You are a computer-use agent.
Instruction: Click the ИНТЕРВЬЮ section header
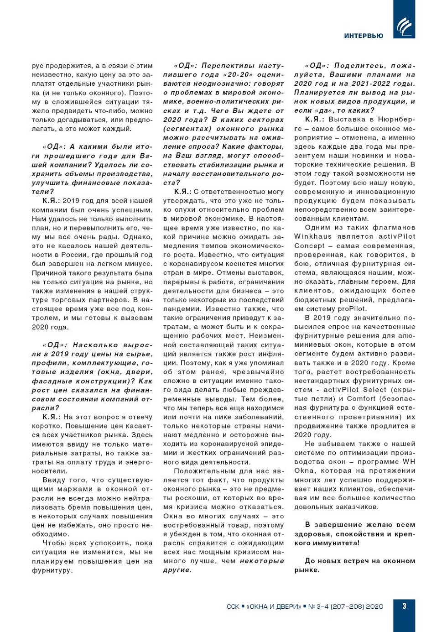364,36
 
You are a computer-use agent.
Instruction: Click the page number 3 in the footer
404,606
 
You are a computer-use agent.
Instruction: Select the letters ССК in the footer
233,606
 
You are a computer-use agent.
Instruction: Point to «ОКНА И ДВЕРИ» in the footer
274,606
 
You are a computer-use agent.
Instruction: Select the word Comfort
361,398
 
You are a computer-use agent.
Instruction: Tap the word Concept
310,245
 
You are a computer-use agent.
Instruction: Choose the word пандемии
180,309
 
